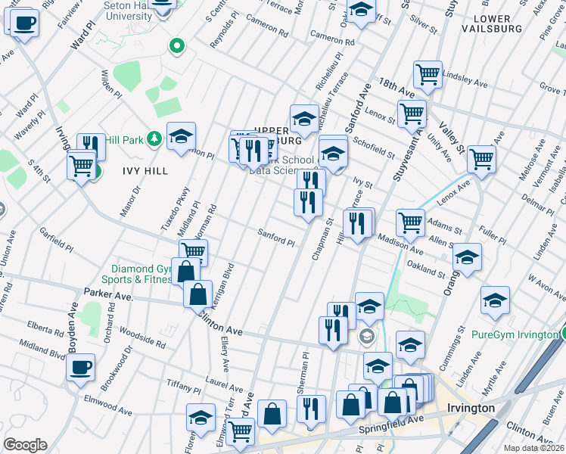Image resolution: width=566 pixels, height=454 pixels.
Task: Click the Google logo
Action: tap(25, 444)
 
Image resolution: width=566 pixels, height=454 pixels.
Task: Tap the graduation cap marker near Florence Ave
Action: tap(201, 418)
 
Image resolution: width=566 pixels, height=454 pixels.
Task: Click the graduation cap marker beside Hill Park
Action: tap(181, 136)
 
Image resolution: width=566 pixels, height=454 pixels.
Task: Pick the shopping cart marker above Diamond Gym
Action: tap(194, 251)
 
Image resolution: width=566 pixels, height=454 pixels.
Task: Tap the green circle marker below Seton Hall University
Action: tap(177, 47)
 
